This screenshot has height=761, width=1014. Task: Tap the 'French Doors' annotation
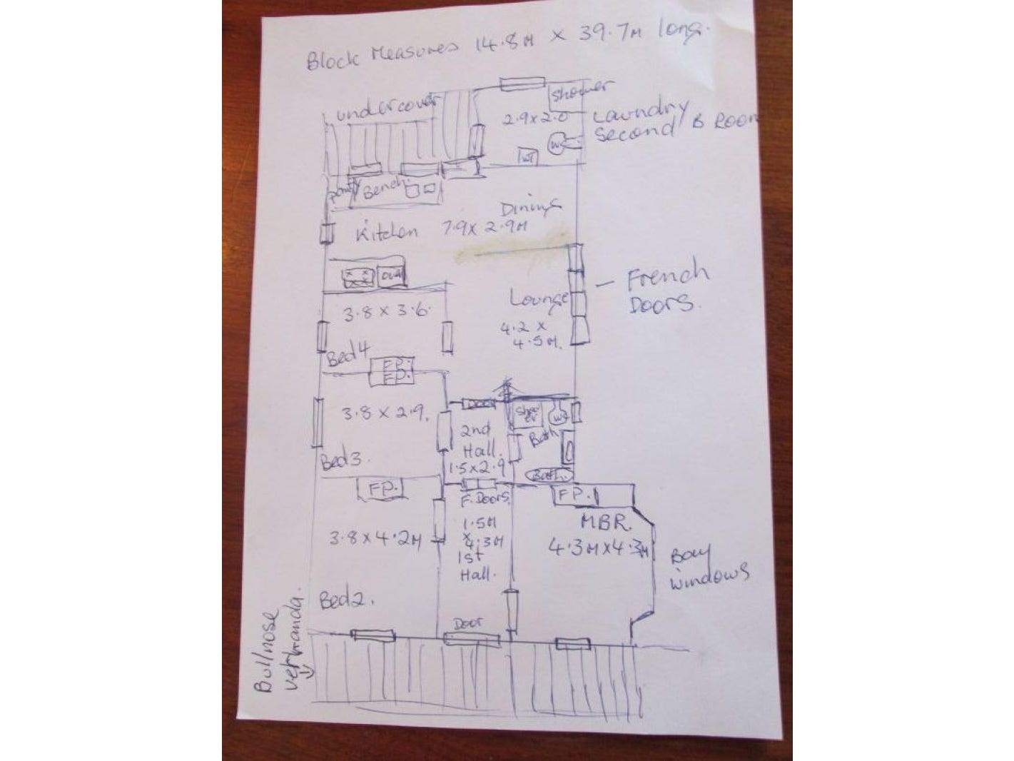pos(666,289)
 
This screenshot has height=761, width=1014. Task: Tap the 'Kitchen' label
pos(385,233)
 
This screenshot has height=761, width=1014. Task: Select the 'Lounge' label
pos(539,298)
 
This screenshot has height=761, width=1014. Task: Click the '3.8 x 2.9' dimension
pos(385,412)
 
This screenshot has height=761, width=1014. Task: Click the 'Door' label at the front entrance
pos(467,623)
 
